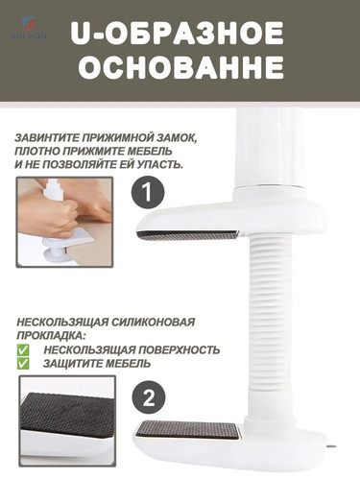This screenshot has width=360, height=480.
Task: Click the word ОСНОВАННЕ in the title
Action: click(x=180, y=70)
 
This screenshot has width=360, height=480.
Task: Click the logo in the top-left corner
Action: click(x=20, y=15)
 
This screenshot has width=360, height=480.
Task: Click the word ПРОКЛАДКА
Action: click(x=52, y=336)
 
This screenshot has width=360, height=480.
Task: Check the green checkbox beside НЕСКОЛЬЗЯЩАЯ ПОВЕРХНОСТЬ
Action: click(x=22, y=350)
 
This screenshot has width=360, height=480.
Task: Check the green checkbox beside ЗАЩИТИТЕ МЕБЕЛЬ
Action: click(x=22, y=365)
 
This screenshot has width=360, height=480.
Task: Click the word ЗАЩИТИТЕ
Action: click(x=80, y=365)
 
